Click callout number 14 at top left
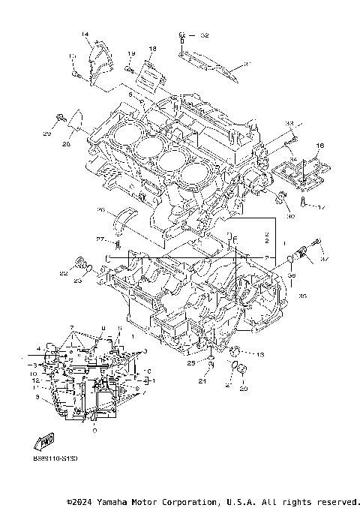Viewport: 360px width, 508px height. (85, 35)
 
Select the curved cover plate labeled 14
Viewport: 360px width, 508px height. (97, 60)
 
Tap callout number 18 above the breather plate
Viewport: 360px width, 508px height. (152, 49)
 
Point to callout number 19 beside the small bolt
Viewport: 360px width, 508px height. (130, 53)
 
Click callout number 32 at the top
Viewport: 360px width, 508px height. (205, 35)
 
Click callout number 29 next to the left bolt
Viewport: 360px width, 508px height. (46, 134)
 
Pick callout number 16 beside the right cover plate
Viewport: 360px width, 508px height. (319, 146)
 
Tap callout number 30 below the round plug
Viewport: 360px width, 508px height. (290, 218)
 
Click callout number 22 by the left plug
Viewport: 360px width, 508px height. (63, 275)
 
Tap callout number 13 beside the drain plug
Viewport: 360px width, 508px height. (260, 354)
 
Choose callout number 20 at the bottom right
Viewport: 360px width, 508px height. (243, 388)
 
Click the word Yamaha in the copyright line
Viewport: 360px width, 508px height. (115, 501)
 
